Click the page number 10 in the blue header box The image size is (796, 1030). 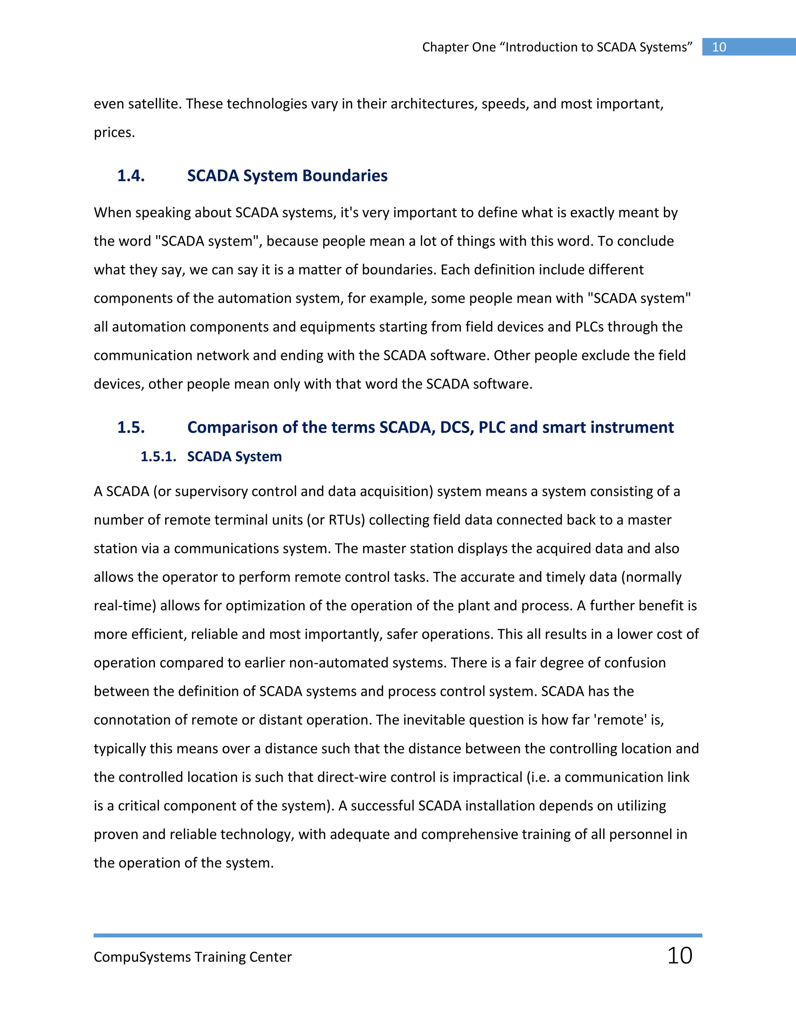pyautogui.click(x=719, y=47)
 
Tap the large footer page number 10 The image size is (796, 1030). pyautogui.click(x=679, y=956)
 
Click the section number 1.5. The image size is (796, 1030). pyautogui.click(x=131, y=427)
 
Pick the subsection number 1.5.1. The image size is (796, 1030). pyautogui.click(x=158, y=457)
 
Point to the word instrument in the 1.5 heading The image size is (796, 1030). pyautogui.click(x=632, y=427)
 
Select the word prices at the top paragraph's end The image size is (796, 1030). pyautogui.click(x=113, y=133)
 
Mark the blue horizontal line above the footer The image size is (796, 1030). pyautogui.click(x=398, y=935)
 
